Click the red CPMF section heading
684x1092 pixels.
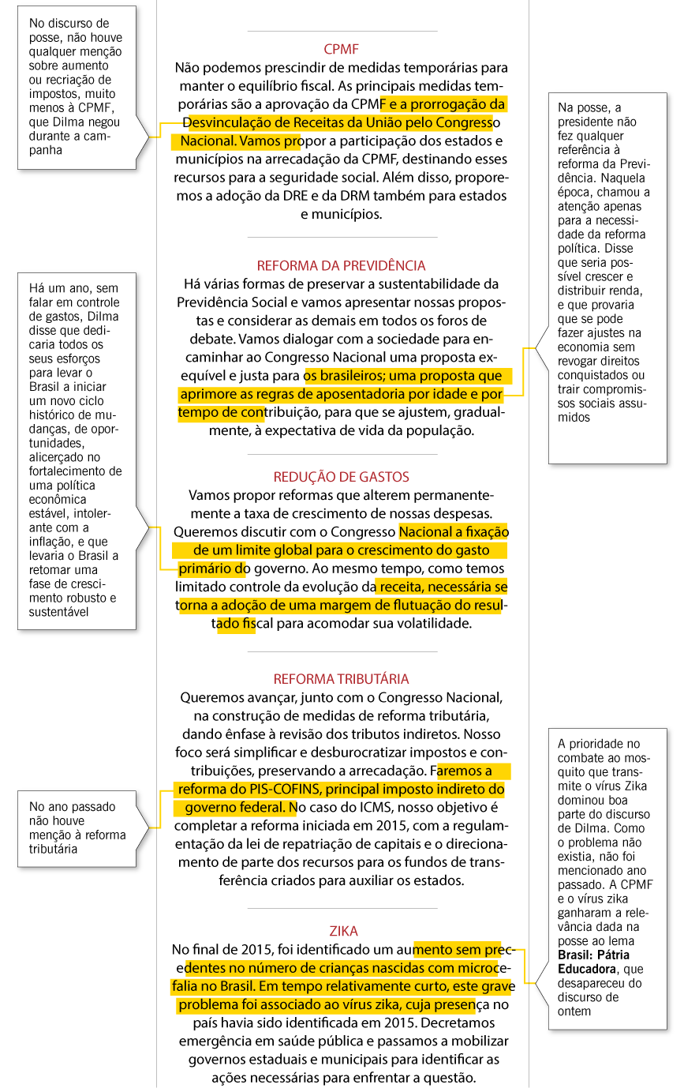[341, 49]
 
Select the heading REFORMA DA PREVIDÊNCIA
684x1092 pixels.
[341, 265]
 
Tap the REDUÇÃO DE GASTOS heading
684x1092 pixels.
[341, 477]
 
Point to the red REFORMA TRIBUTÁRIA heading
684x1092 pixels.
[341, 679]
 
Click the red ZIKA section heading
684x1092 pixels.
[344, 931]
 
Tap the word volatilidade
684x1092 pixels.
[424, 623]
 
